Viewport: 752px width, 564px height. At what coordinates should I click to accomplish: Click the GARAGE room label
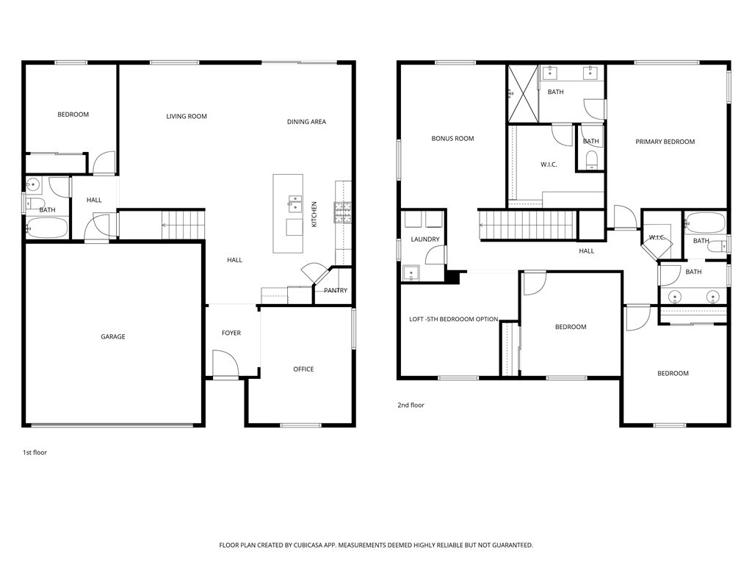pyautogui.click(x=112, y=336)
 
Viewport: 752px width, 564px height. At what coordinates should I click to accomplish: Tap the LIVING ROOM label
pyautogui.click(x=187, y=116)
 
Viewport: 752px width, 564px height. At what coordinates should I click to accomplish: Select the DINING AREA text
pyautogui.click(x=306, y=122)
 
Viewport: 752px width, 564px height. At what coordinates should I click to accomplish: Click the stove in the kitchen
pyautogui.click(x=343, y=212)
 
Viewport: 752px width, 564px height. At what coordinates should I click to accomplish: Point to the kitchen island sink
pyautogui.click(x=295, y=204)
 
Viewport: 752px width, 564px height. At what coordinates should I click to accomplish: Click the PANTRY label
pyautogui.click(x=335, y=290)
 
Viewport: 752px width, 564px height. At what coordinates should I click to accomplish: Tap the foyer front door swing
pyautogui.click(x=225, y=364)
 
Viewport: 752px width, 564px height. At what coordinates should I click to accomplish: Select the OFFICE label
pyautogui.click(x=303, y=369)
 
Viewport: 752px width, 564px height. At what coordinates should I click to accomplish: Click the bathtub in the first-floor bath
pyautogui.click(x=46, y=228)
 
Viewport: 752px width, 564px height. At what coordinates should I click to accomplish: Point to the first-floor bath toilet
pyautogui.click(x=35, y=203)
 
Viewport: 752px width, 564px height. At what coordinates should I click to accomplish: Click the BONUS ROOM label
pyautogui.click(x=452, y=139)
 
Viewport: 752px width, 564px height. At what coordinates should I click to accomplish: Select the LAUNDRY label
pyautogui.click(x=425, y=239)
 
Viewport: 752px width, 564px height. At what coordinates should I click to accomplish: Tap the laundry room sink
pyautogui.click(x=411, y=273)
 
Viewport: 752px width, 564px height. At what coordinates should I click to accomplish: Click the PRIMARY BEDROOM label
pyautogui.click(x=665, y=142)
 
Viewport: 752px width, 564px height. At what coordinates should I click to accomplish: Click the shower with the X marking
pyautogui.click(x=523, y=94)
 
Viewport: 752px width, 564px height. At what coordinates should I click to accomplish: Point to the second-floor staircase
pyautogui.click(x=527, y=225)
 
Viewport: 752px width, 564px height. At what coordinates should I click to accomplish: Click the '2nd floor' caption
pyautogui.click(x=411, y=405)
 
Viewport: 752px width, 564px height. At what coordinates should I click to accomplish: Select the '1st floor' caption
pyautogui.click(x=35, y=452)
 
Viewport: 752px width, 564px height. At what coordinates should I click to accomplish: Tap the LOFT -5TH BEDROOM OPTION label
pyautogui.click(x=454, y=319)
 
